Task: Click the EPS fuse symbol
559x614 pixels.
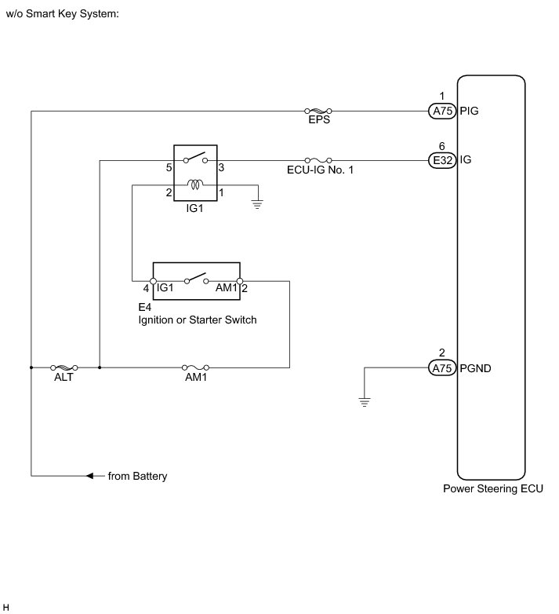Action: coord(318,111)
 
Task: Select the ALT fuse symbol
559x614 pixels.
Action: coord(64,367)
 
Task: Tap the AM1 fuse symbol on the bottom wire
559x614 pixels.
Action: coord(195,367)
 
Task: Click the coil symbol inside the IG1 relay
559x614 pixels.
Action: coord(196,185)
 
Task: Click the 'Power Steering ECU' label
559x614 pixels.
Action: coord(492,488)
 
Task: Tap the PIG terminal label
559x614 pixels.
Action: coord(470,111)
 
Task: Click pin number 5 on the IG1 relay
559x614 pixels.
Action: coord(169,168)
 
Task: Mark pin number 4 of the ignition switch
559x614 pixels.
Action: coord(146,289)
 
